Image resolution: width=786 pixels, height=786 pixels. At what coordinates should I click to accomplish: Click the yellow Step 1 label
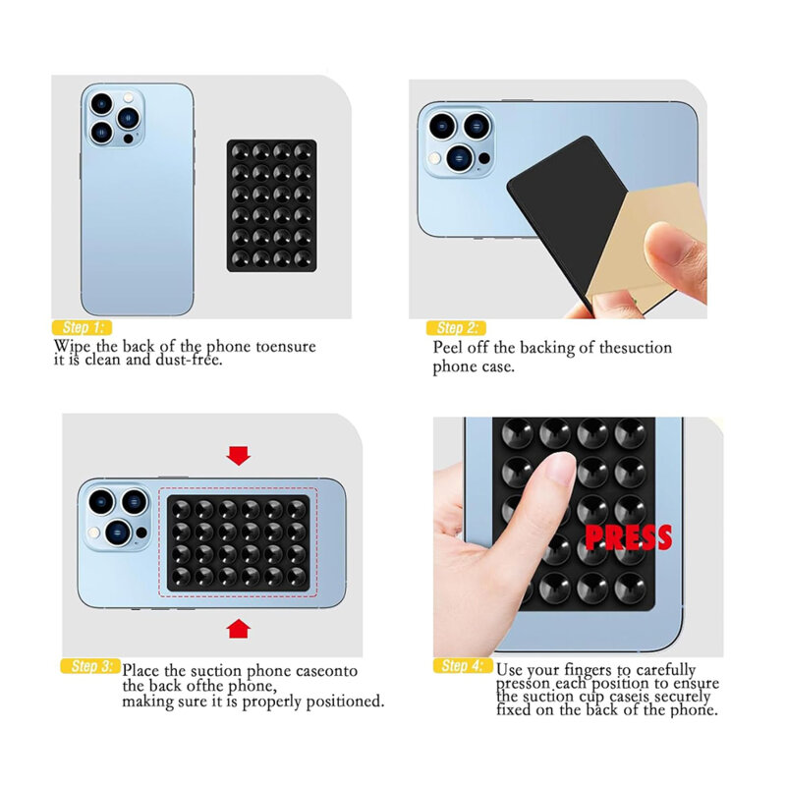83,327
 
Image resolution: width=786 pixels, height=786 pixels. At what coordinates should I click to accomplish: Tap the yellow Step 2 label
455,327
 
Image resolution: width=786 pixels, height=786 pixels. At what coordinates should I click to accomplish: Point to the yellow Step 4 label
462,666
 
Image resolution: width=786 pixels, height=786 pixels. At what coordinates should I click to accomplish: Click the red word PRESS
628,536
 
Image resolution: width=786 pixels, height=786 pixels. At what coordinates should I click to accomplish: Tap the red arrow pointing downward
238,455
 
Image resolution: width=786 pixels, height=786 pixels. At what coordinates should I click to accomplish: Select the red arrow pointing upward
238,628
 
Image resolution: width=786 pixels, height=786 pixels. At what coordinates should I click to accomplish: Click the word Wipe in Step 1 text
75,347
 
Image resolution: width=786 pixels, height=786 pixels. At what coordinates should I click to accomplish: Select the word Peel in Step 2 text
451,348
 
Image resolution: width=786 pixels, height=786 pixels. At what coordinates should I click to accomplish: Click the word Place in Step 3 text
142,671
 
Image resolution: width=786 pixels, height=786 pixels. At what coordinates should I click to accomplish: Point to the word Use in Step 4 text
512,670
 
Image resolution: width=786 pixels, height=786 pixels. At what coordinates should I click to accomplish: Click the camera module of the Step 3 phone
117,516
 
